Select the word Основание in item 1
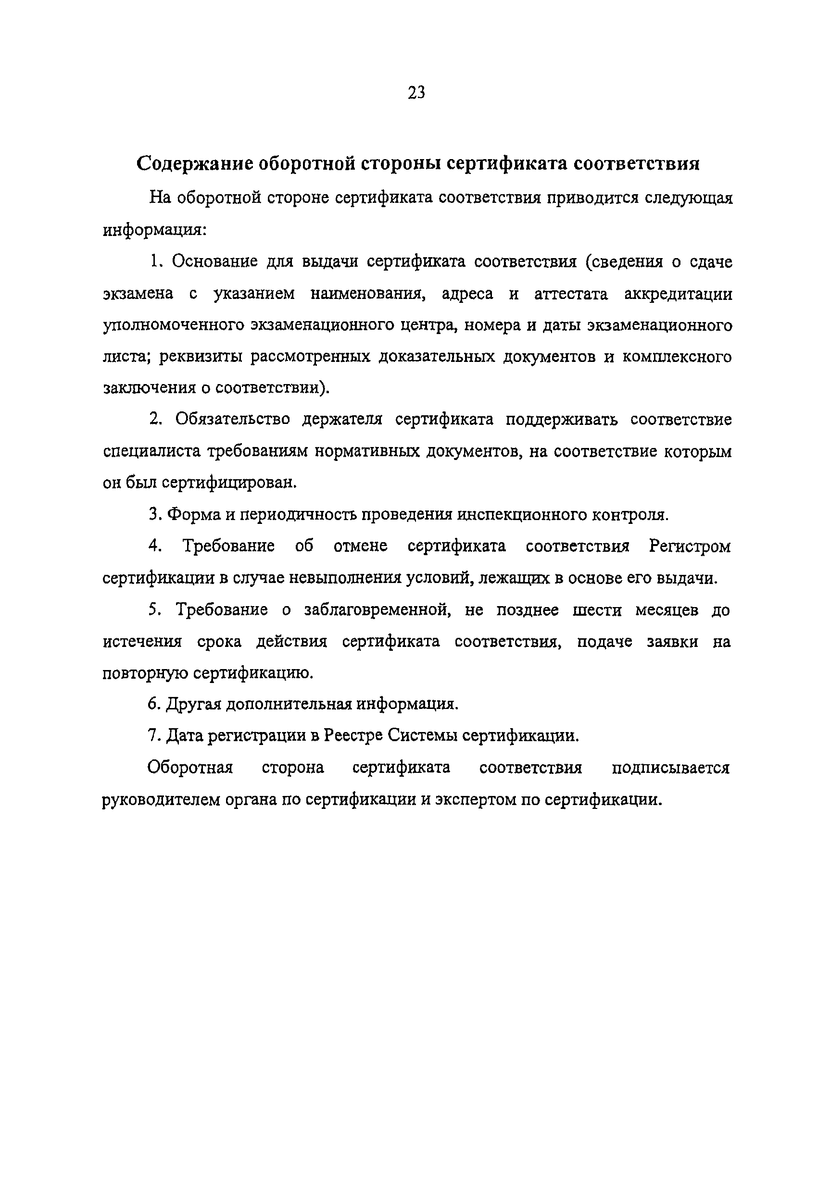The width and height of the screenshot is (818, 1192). click(214, 261)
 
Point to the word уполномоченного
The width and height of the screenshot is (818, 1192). click(174, 326)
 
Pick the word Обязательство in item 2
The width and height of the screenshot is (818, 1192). click(232, 420)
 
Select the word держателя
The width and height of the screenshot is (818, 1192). click(342, 420)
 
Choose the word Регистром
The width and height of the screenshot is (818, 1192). click(690, 546)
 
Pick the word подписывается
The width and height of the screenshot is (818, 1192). click(670, 768)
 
